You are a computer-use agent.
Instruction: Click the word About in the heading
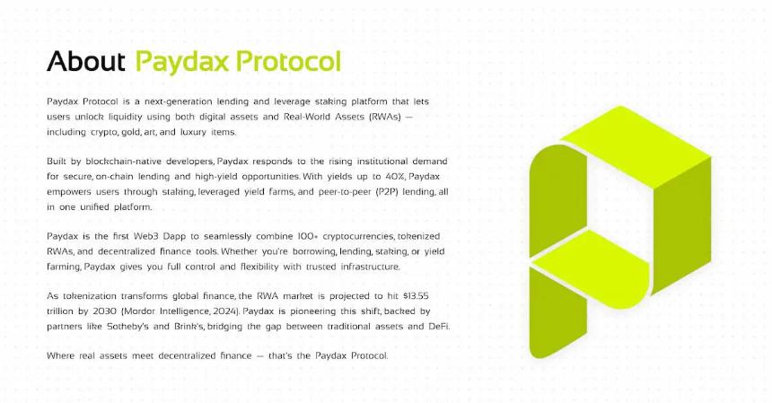[x=85, y=61]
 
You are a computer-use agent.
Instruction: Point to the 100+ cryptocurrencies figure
[x=300, y=235]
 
